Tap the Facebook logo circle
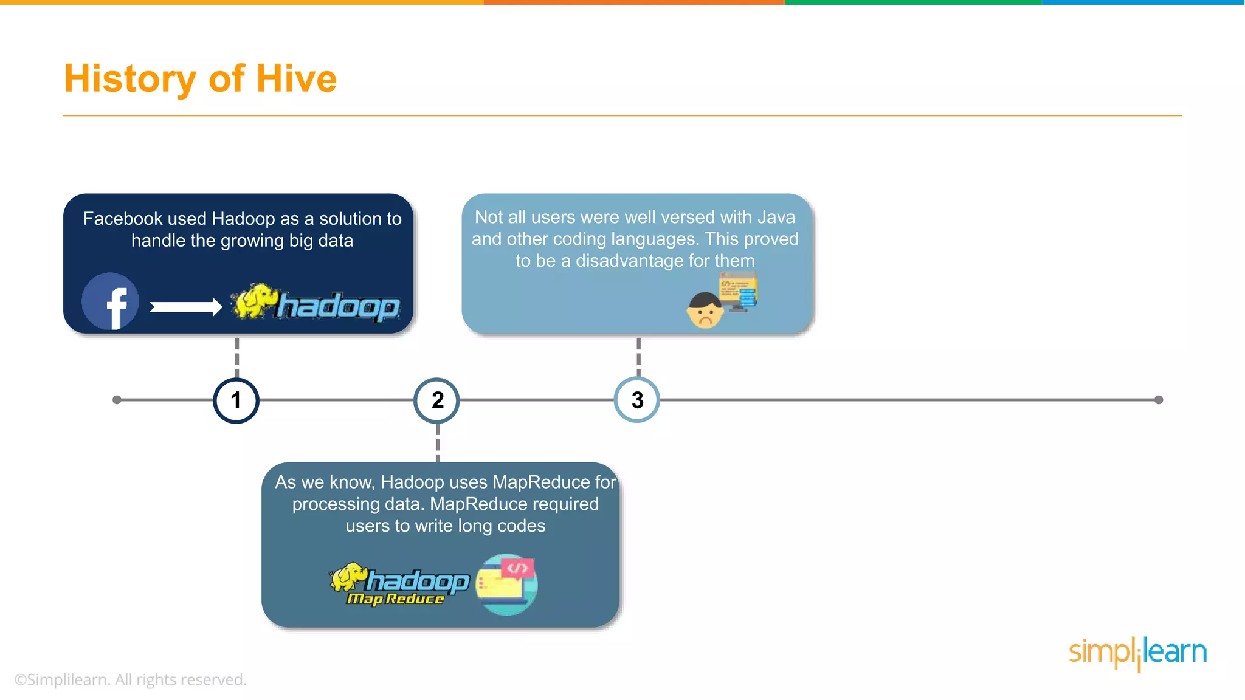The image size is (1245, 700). coord(110,301)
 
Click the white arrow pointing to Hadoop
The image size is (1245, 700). coord(186,307)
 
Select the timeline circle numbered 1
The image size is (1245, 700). coord(236,400)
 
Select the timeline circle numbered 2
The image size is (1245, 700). coord(437,400)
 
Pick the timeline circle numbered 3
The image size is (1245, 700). coord(637,400)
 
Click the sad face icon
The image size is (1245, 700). coord(705,311)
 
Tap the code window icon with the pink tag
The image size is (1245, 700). coord(506,584)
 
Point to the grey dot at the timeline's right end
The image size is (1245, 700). coord(1159,400)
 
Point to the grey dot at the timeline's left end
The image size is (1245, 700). coord(117,400)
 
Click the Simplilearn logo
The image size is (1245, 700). coord(1137,653)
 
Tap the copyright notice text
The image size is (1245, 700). coord(130,679)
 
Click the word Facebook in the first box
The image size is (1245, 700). coord(123,219)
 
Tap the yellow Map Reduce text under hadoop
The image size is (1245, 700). coord(395,599)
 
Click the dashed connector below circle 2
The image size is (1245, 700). coord(438,443)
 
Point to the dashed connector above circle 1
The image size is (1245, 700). coord(237,357)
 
